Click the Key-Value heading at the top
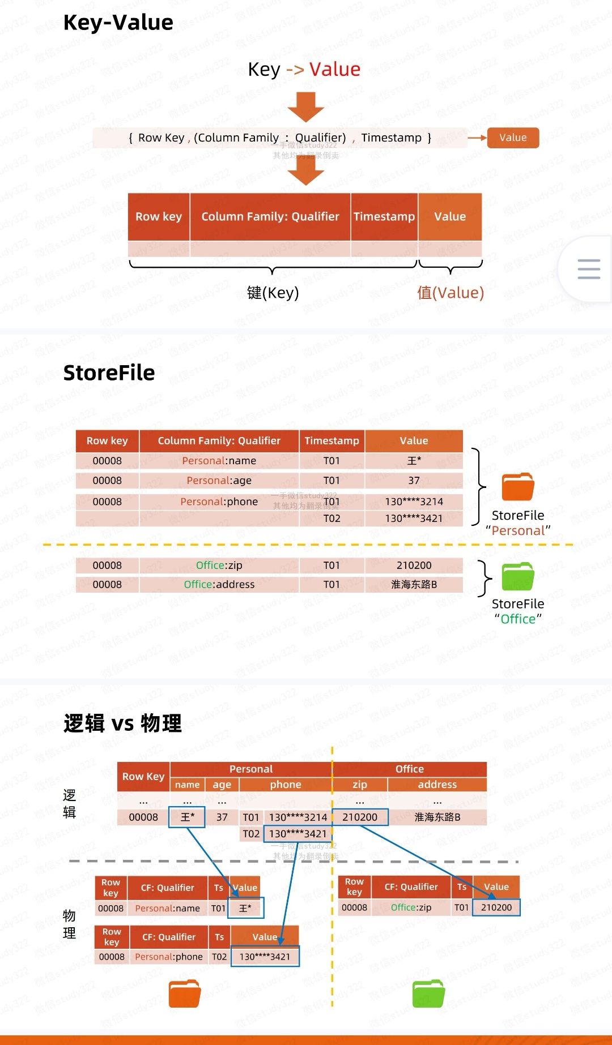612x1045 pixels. click(118, 23)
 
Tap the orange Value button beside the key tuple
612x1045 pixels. click(513, 138)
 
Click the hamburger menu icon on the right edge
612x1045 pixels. click(589, 269)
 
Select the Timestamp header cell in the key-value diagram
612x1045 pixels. click(384, 216)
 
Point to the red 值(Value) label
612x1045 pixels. click(450, 293)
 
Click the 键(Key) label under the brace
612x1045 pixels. click(273, 293)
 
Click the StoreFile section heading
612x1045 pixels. click(109, 373)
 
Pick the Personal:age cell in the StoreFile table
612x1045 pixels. click(219, 481)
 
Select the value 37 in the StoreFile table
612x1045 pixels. click(414, 481)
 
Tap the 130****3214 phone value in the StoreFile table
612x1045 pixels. click(414, 502)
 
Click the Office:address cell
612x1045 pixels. click(219, 585)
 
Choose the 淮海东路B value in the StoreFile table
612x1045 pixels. click(414, 585)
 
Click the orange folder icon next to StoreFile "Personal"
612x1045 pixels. click(518, 487)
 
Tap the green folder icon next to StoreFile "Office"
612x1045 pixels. click(518, 577)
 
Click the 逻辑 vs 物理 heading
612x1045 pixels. click(122, 723)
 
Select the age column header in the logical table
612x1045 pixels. click(222, 785)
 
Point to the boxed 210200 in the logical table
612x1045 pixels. click(360, 817)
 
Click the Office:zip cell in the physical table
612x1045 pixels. click(411, 907)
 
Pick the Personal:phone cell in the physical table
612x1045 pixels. click(169, 957)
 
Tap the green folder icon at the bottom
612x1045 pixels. click(428, 993)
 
